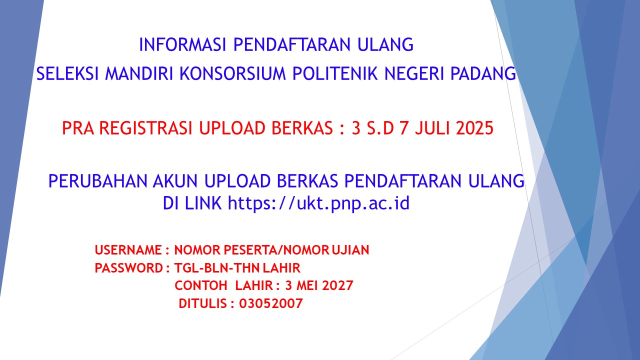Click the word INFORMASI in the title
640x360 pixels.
click(182, 44)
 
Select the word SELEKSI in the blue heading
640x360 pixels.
click(67, 73)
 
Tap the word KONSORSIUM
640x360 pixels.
click(232, 73)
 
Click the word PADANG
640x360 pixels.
click(483, 73)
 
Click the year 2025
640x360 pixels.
click(474, 127)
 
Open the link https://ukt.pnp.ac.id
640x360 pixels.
click(318, 203)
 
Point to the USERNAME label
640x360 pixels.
click(128, 250)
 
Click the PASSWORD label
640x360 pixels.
click(128, 268)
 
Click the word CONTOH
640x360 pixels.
click(201, 285)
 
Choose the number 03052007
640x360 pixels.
click(271, 303)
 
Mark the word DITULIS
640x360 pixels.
click(203, 303)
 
